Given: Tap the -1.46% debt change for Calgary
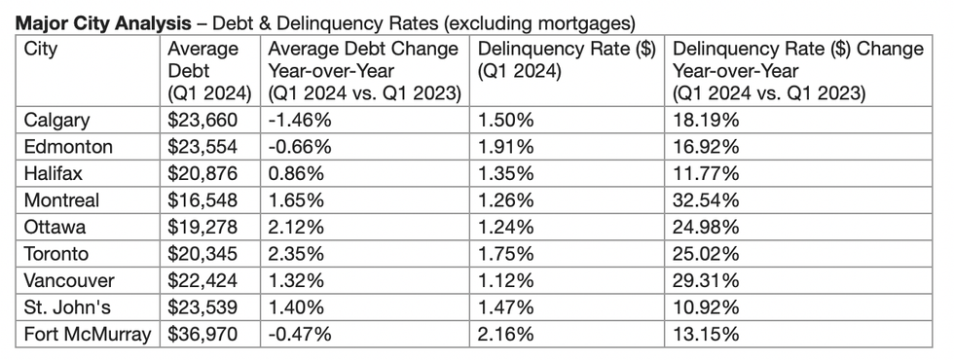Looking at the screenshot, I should (x=296, y=121).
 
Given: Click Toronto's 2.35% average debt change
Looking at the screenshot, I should (x=293, y=255).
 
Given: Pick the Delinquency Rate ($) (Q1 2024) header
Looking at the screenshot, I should (x=566, y=58).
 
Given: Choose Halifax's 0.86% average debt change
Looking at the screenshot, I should (x=293, y=174).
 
